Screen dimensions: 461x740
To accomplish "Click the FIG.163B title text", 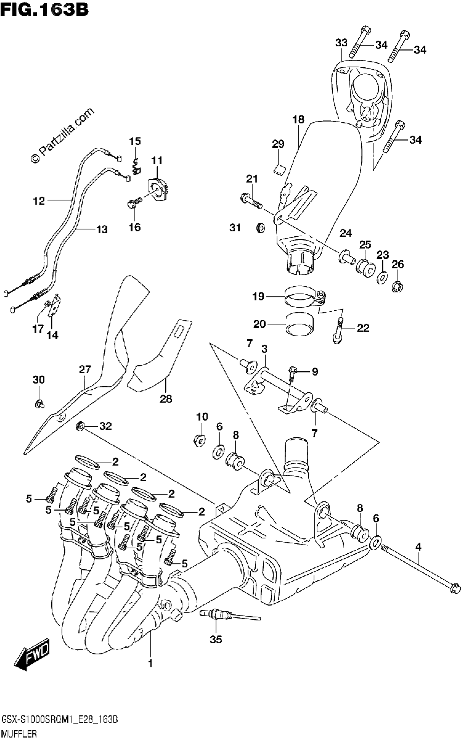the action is [x=44, y=9].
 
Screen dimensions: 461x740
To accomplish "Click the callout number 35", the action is [x=216, y=640].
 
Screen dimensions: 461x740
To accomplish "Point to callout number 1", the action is [x=150, y=663].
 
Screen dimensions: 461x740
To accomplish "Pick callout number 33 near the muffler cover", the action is [x=341, y=43].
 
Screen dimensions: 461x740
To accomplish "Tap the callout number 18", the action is [x=298, y=120].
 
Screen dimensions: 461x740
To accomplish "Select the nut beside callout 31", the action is [x=261, y=228].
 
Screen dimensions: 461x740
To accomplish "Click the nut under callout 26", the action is [x=398, y=288].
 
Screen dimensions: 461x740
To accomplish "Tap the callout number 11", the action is [x=157, y=160].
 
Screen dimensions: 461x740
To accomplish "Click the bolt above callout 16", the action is [x=134, y=203].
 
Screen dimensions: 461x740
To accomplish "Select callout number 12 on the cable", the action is [x=39, y=200].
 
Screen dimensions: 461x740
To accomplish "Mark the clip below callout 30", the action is [x=40, y=403].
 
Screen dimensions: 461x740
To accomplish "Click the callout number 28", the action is [x=166, y=399].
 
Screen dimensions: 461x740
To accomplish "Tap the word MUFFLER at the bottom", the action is [x=19, y=734].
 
